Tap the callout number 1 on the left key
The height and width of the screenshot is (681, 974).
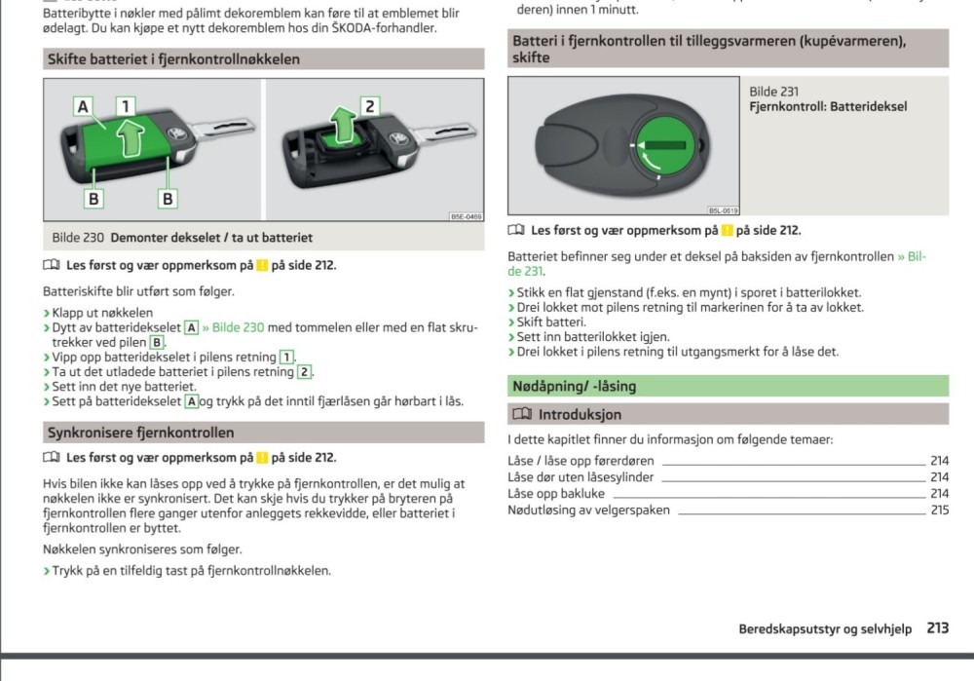(x=127, y=105)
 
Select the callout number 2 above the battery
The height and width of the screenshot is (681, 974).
(x=368, y=105)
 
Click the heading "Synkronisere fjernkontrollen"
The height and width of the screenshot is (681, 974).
(x=141, y=433)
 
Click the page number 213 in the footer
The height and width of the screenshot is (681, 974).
(x=937, y=629)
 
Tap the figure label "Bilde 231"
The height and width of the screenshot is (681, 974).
(x=773, y=92)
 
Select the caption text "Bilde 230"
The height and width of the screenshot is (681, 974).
(x=78, y=238)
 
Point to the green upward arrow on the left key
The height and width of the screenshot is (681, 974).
(x=129, y=135)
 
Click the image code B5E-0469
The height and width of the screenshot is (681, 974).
(x=466, y=216)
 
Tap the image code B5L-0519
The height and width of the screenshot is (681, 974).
(x=722, y=210)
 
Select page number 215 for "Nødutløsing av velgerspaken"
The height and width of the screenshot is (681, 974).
(x=939, y=510)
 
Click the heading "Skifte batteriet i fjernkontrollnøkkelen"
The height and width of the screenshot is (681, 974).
(x=173, y=59)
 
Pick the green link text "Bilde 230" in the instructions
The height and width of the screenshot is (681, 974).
(x=233, y=327)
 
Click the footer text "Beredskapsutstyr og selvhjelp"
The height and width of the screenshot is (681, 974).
(x=824, y=629)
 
